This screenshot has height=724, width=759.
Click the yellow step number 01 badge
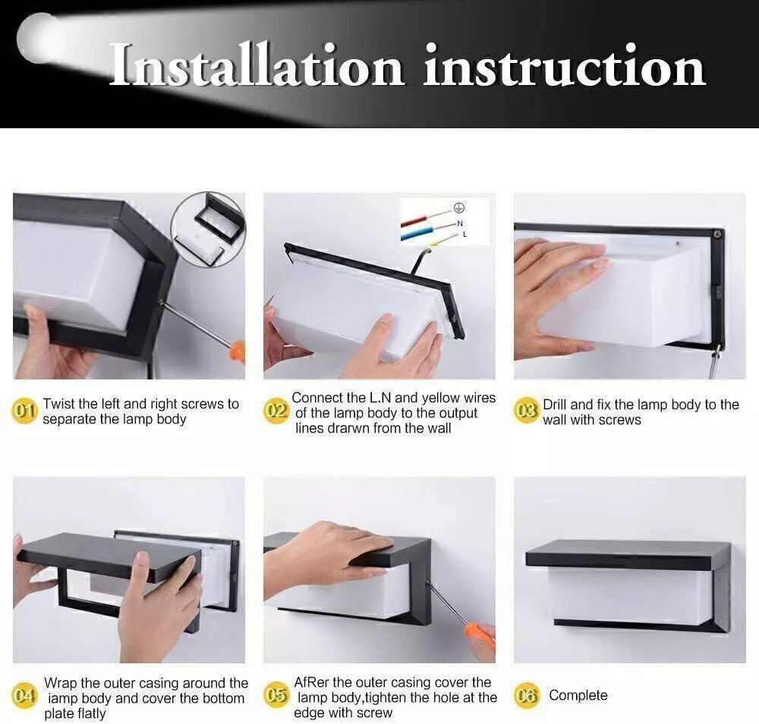click(26, 411)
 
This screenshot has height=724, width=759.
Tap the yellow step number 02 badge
click(276, 411)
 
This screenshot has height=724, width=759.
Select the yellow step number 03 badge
click(526, 412)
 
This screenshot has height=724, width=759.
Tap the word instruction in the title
click(564, 66)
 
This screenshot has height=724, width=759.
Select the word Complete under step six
click(578, 695)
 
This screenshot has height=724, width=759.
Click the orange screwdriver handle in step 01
click(237, 351)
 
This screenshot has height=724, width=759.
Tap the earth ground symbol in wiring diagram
click(458, 207)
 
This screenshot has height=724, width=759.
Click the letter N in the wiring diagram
click(460, 223)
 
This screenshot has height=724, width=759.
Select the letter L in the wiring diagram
click(465, 235)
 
